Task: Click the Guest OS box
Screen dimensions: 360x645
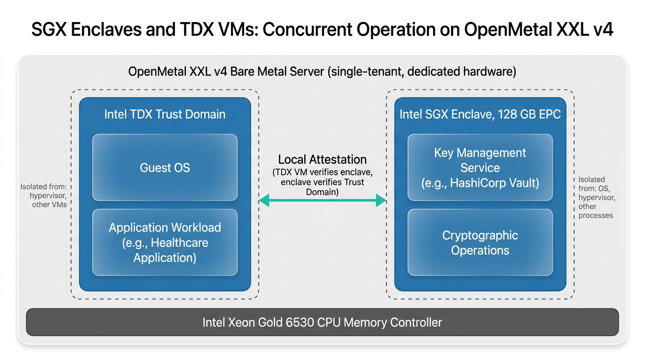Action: click(x=165, y=167)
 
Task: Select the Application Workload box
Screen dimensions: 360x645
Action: click(x=165, y=242)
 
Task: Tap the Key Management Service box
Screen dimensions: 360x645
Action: click(x=480, y=167)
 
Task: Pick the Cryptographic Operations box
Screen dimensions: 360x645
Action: click(x=480, y=242)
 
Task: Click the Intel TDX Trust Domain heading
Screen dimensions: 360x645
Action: click(x=165, y=114)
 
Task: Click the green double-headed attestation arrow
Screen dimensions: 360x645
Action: click(x=322, y=201)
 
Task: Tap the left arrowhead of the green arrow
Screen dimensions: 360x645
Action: click(x=264, y=201)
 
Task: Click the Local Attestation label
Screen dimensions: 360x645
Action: click(x=322, y=159)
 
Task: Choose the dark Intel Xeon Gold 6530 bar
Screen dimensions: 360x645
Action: click(x=322, y=322)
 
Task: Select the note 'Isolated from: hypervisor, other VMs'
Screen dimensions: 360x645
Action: click(x=45, y=195)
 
